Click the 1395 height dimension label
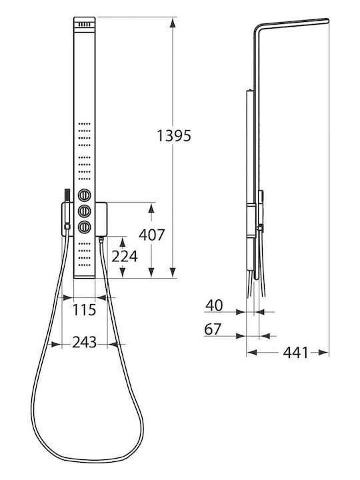(x=174, y=135)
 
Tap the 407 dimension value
(x=152, y=235)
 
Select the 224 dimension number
(x=124, y=256)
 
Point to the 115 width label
(x=84, y=310)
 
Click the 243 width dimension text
(x=85, y=342)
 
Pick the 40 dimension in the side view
(x=214, y=305)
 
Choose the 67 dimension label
(x=213, y=329)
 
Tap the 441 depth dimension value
(x=295, y=353)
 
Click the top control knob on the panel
(x=84, y=195)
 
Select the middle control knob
(x=84, y=211)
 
